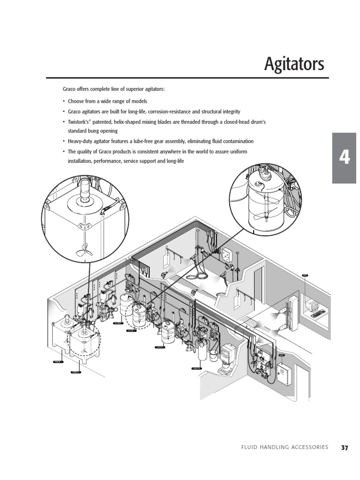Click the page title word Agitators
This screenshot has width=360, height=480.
(294, 64)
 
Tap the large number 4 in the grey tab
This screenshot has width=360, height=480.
(345, 158)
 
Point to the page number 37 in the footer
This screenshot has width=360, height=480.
(345, 447)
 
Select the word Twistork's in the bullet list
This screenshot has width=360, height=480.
(80, 122)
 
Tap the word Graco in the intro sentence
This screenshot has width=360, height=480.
(70, 89)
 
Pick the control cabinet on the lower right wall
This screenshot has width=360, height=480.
(285, 380)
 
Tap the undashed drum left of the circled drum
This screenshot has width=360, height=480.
(124, 305)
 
